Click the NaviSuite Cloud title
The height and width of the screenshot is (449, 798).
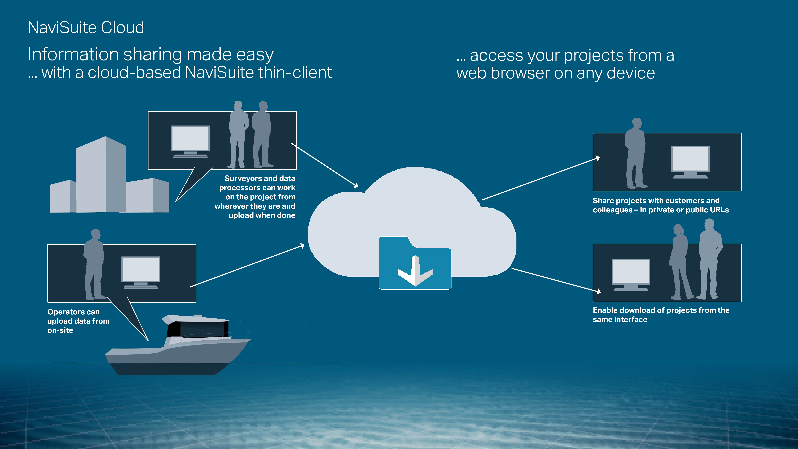tap(86, 28)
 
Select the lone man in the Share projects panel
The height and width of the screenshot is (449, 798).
tap(635, 155)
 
